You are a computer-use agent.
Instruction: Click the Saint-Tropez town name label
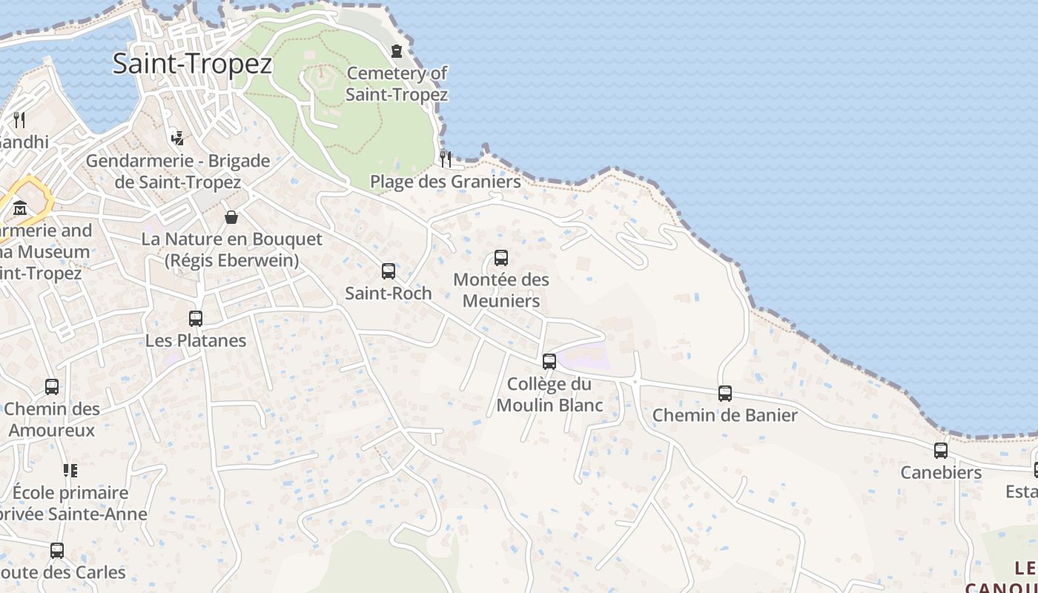point(192,64)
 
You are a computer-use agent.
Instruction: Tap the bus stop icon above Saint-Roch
point(389,271)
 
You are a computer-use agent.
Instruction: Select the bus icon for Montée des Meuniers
point(501,258)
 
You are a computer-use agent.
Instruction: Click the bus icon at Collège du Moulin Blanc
point(549,362)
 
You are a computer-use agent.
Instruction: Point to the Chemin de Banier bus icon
point(725,394)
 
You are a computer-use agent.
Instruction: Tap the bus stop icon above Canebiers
point(941,451)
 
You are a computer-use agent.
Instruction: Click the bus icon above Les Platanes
point(196,319)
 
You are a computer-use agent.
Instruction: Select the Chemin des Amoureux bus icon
point(52,387)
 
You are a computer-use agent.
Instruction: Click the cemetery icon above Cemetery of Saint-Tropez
point(397,51)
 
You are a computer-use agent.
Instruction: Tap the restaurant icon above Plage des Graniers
point(446,159)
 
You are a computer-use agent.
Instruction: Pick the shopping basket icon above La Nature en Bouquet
point(231,217)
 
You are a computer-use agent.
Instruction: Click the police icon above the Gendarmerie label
point(177,138)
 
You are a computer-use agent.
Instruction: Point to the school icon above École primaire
point(70,471)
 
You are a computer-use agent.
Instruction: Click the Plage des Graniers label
point(445,182)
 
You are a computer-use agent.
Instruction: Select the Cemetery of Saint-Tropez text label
point(397,84)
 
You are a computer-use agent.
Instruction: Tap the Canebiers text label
point(941,472)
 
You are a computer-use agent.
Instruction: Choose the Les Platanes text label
point(196,341)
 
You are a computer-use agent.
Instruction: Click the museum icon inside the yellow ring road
point(20,208)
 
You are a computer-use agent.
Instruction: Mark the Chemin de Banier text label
point(724,415)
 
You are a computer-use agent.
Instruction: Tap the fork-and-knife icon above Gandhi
point(19,120)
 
